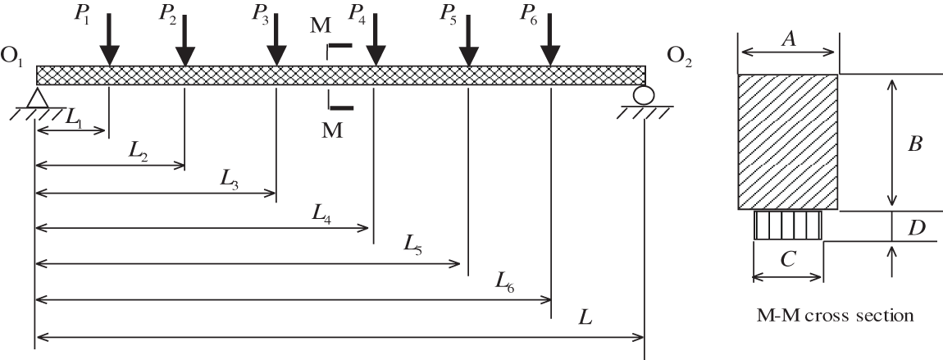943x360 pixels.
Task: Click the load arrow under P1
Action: (x=109, y=43)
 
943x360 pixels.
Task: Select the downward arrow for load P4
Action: (x=375, y=43)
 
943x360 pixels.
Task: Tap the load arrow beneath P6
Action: (x=551, y=43)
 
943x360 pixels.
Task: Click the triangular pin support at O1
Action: (x=34, y=98)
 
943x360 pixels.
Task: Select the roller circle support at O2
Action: (x=644, y=95)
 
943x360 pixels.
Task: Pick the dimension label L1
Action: (x=75, y=120)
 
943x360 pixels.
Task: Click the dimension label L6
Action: (x=506, y=281)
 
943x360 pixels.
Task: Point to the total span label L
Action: (x=585, y=317)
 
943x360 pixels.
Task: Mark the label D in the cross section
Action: (x=917, y=226)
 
